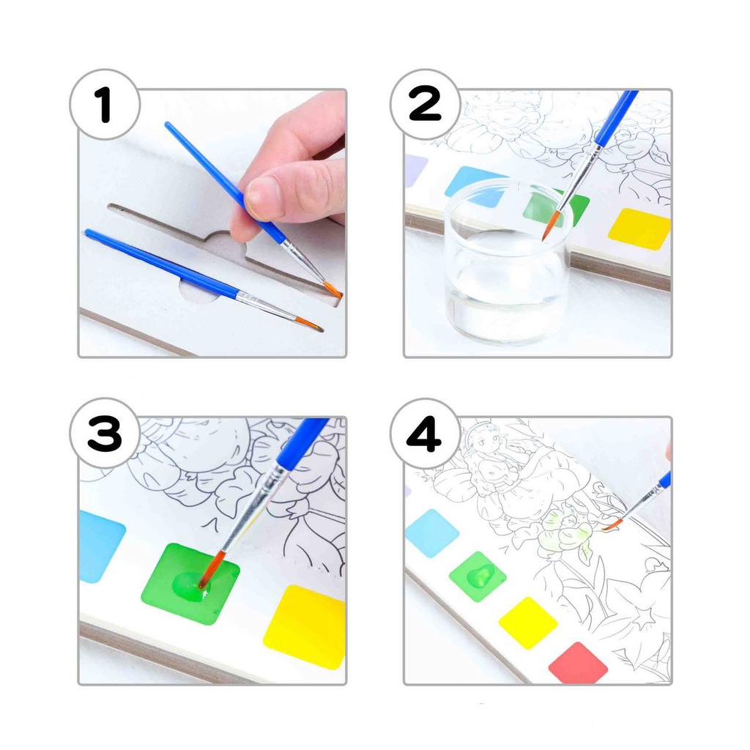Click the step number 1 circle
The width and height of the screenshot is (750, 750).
tap(105, 104)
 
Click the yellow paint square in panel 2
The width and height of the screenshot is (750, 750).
tap(639, 229)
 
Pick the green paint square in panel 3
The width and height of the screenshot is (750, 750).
tap(190, 583)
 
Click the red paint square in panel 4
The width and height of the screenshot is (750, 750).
tap(578, 663)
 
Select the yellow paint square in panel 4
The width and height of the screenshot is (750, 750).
tap(528, 623)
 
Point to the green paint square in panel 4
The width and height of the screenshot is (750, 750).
tap(478, 576)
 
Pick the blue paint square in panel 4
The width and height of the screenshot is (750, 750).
tap(432, 533)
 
